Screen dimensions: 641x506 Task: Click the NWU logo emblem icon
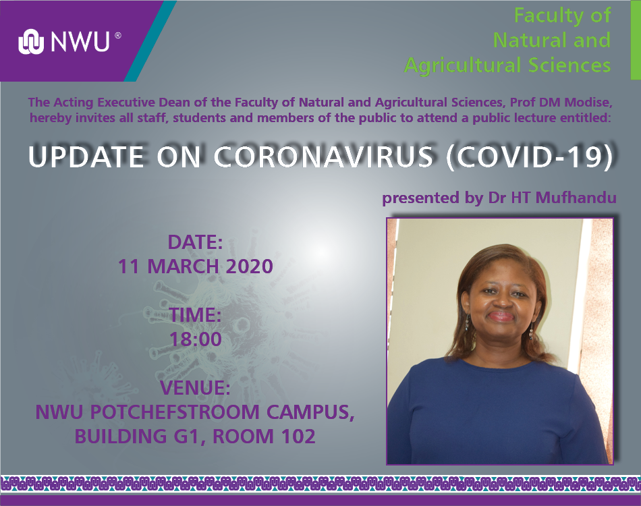tap(31, 42)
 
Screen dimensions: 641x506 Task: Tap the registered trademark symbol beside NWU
tap(117, 36)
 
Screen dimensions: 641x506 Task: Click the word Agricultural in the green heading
tap(463, 66)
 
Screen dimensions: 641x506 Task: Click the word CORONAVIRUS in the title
tap(323, 157)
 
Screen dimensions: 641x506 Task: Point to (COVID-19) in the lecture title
tap(530, 157)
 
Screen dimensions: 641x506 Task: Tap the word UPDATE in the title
tap(86, 157)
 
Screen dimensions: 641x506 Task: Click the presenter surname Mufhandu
tap(576, 198)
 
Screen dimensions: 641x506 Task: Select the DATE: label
tap(196, 242)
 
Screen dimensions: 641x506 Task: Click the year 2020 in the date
tap(250, 266)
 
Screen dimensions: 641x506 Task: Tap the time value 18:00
tap(196, 339)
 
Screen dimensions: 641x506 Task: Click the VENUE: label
tap(195, 388)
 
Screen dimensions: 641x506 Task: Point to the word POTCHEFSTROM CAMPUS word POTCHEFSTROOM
tap(175, 412)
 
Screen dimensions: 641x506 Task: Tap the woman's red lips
tap(501, 316)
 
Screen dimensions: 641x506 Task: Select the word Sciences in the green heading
tap(569, 65)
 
